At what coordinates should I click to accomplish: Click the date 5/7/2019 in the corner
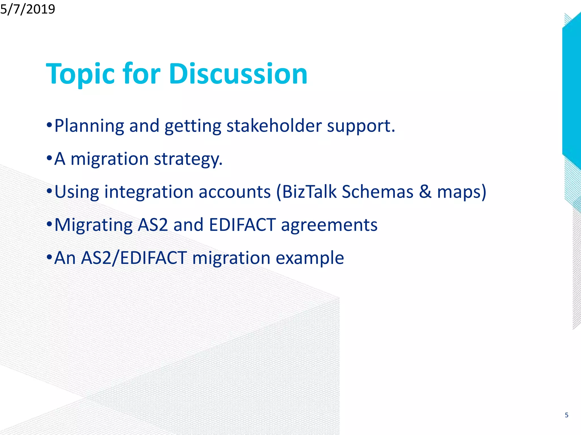coord(28,9)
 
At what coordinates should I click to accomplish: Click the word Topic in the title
coord(80,74)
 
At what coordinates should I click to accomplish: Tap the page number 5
coord(567,415)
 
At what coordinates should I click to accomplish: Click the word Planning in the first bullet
coord(89,126)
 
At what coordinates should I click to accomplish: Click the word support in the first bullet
coord(360,126)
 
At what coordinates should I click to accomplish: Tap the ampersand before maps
coord(425,192)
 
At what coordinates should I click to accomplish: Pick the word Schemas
coord(377,192)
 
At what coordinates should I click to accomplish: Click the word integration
coord(149,192)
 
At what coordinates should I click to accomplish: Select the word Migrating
coord(93,225)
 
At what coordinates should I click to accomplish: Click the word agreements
coord(329,225)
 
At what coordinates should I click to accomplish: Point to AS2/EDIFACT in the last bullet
coord(134,258)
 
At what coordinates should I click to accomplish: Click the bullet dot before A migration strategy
coord(49,157)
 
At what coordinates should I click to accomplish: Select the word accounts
coord(235,192)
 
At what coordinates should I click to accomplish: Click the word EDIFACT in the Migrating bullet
coord(242,225)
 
